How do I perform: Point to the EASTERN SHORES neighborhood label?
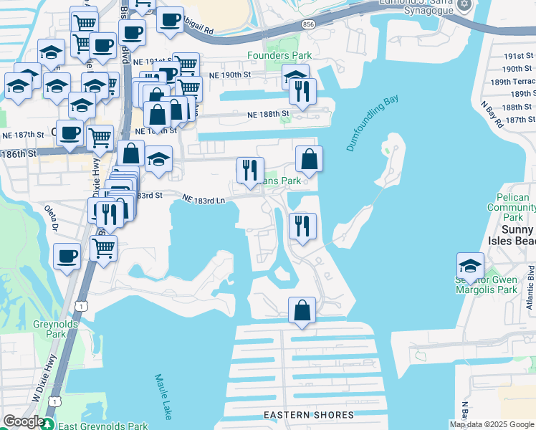[x=308, y=415]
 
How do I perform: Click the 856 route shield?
[x=308, y=24]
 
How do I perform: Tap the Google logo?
[x=23, y=422]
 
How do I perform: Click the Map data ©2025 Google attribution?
[x=492, y=424]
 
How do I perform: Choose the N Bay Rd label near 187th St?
[x=492, y=115]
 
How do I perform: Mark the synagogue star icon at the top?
[x=464, y=5]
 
